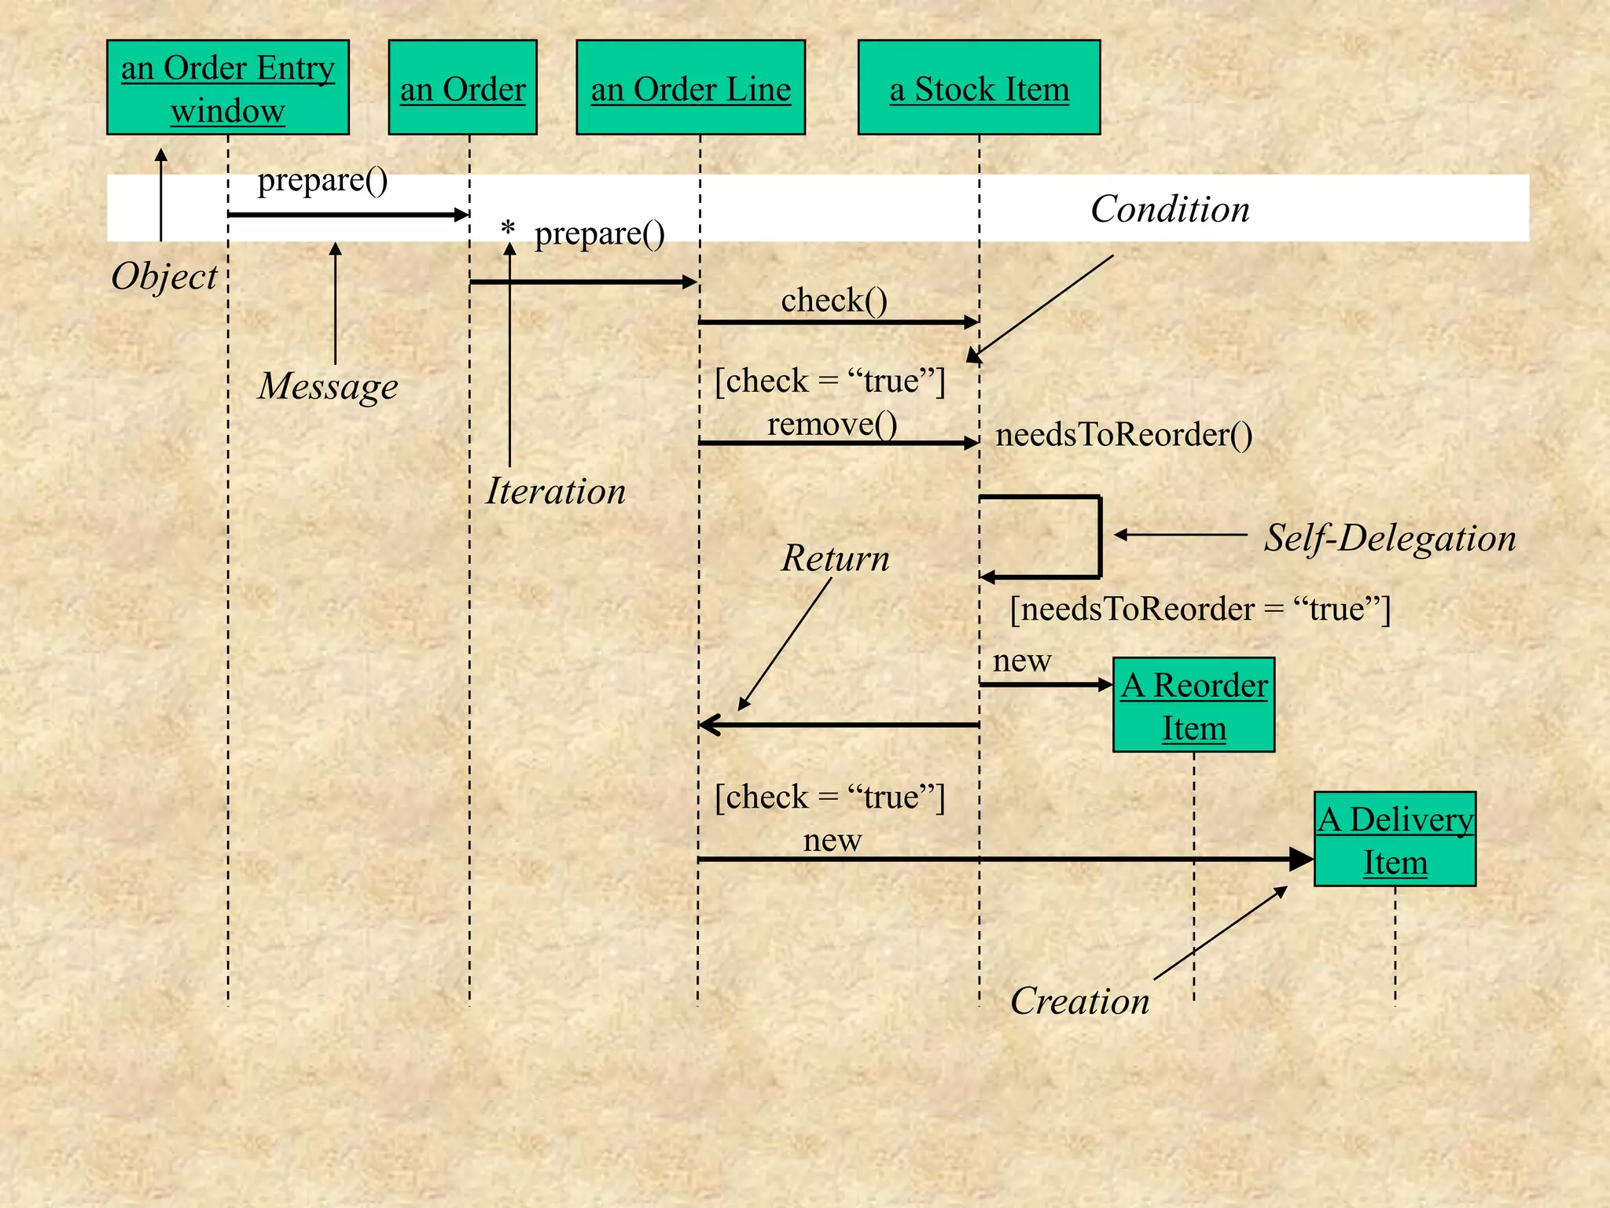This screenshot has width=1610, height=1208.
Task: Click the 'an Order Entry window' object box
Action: pos(227,87)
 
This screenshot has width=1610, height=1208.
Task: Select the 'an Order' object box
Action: pos(462,87)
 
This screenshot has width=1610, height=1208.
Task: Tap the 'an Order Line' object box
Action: pos(690,87)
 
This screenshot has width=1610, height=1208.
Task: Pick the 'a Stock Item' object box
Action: pos(979,87)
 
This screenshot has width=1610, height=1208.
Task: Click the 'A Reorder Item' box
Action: pos(1193,705)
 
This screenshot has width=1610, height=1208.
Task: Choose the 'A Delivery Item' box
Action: pos(1395,839)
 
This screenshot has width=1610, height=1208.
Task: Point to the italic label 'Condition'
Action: pos(1170,209)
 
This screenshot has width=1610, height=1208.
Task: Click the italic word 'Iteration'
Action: pos(556,492)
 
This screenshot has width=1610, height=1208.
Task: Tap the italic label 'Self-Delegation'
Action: pos(1390,539)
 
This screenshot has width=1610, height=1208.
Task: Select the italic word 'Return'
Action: pos(836,558)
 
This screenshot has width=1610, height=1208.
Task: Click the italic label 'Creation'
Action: pos(1079,1001)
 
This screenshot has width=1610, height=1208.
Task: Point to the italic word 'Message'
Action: pos(328,386)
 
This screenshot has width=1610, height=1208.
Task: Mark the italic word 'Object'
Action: pos(164,277)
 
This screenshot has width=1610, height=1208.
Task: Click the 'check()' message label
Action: pos(834,300)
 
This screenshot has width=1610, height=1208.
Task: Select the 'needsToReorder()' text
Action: pos(1124,434)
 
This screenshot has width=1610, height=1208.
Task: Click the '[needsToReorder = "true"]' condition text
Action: pos(1200,609)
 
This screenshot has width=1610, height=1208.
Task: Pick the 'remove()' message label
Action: pos(832,424)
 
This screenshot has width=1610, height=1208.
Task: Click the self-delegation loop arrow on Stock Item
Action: pos(1099,537)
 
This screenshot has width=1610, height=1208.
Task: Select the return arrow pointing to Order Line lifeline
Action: pos(837,724)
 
